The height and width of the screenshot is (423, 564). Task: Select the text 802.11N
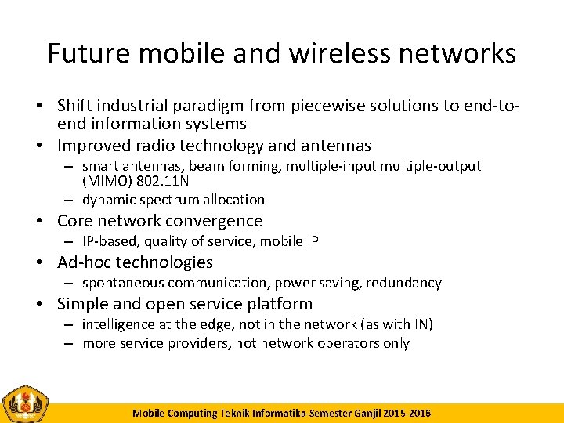(x=162, y=181)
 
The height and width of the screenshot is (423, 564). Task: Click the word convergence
(x=215, y=221)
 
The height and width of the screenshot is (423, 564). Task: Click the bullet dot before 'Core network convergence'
(x=48, y=221)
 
